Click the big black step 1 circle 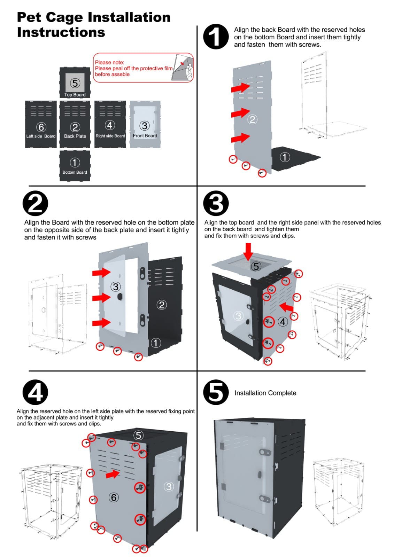click(216, 37)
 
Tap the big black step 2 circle click(35, 203)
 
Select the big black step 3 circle click(216, 203)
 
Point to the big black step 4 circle click(35, 392)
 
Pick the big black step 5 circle click(216, 392)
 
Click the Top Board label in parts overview click(75, 95)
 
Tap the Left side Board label click(41, 136)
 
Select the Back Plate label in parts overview click(75, 136)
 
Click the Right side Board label click(110, 136)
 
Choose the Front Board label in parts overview click(145, 136)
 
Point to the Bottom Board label click(75, 172)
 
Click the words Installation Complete click(265, 393)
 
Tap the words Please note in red click(110, 62)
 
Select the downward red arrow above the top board click(248, 251)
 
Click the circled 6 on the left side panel click(114, 497)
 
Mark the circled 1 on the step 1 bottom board click(285, 157)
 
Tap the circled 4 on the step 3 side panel click(283, 322)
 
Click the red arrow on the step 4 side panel click(113, 474)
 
